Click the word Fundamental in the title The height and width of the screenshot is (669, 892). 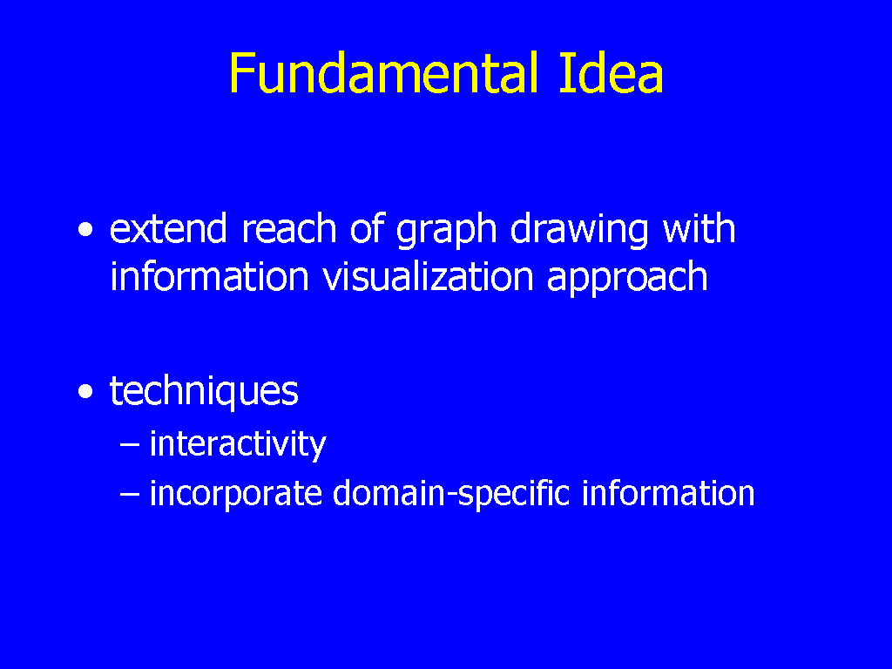[384, 73]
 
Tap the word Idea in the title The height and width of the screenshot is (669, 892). [611, 73]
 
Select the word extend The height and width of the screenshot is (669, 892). [168, 228]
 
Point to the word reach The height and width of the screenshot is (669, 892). [289, 228]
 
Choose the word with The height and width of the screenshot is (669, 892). [699, 228]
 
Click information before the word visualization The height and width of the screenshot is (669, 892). [209, 276]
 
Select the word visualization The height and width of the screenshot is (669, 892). [429, 276]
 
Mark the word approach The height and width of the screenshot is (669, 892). [627, 280]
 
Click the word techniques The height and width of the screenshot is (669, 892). [204, 392]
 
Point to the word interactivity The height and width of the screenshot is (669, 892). [238, 444]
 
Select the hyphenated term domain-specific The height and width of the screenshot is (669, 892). [451, 493]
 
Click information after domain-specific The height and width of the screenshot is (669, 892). [668, 493]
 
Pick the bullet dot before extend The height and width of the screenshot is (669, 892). [85, 230]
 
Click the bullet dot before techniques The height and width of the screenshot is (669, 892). [85, 392]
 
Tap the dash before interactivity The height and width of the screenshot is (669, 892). [130, 445]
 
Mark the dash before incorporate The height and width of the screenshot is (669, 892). [130, 495]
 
